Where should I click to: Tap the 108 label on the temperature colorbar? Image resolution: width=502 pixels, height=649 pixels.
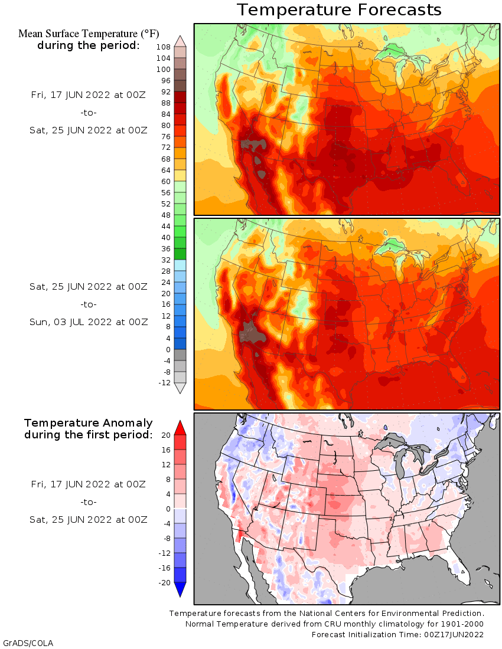(164, 47)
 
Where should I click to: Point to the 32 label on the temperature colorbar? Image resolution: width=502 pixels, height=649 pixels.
(165, 260)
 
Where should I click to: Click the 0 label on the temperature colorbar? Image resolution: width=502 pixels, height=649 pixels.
(168, 349)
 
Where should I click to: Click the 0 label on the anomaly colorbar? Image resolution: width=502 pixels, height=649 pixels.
(168, 509)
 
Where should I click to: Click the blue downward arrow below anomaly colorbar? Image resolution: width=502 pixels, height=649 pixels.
(180, 589)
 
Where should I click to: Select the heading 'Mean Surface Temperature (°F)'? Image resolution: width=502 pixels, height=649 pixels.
(89, 34)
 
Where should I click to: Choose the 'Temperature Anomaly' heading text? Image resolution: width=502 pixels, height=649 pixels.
(89, 423)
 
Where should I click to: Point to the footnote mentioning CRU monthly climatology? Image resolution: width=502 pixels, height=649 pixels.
(334, 624)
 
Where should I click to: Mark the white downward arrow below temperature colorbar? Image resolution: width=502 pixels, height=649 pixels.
(180, 388)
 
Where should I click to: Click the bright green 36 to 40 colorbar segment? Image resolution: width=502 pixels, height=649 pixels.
(180, 243)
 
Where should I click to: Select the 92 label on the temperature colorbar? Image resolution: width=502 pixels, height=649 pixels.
(165, 91)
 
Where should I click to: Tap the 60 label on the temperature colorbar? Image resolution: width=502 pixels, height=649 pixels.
(165, 181)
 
